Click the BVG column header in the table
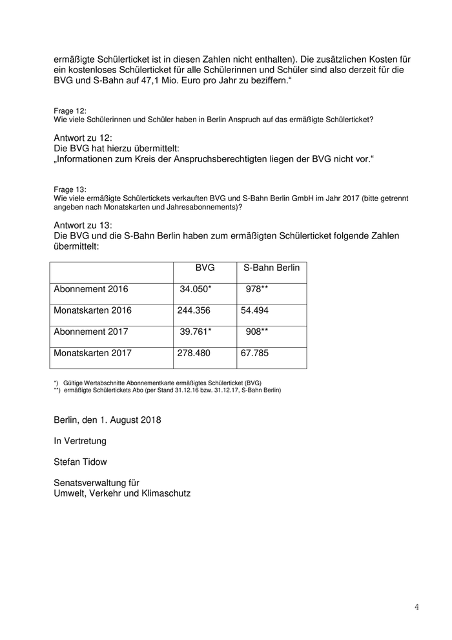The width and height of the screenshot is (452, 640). click(205, 268)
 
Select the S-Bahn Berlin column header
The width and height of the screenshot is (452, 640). click(271, 268)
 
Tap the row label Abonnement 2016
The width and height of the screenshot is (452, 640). click(91, 289)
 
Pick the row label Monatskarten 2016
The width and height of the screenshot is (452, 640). click(93, 310)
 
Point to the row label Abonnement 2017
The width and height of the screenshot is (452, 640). click(91, 332)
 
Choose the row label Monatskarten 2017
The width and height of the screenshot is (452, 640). click(93, 354)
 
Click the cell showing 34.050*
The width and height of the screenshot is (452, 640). click(195, 289)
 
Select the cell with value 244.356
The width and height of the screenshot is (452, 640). click(194, 310)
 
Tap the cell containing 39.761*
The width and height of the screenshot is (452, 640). click(195, 332)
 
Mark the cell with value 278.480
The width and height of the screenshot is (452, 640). click(194, 354)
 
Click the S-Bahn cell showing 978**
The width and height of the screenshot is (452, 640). click(257, 289)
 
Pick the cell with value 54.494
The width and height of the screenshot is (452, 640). click(254, 310)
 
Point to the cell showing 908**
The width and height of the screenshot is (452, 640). click(257, 332)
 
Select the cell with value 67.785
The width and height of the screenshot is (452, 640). click(254, 354)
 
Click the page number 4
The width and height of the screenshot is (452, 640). click(416, 607)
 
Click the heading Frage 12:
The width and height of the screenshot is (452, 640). click(70, 112)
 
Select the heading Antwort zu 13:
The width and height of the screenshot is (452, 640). click(84, 225)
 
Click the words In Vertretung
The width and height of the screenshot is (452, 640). click(80, 441)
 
